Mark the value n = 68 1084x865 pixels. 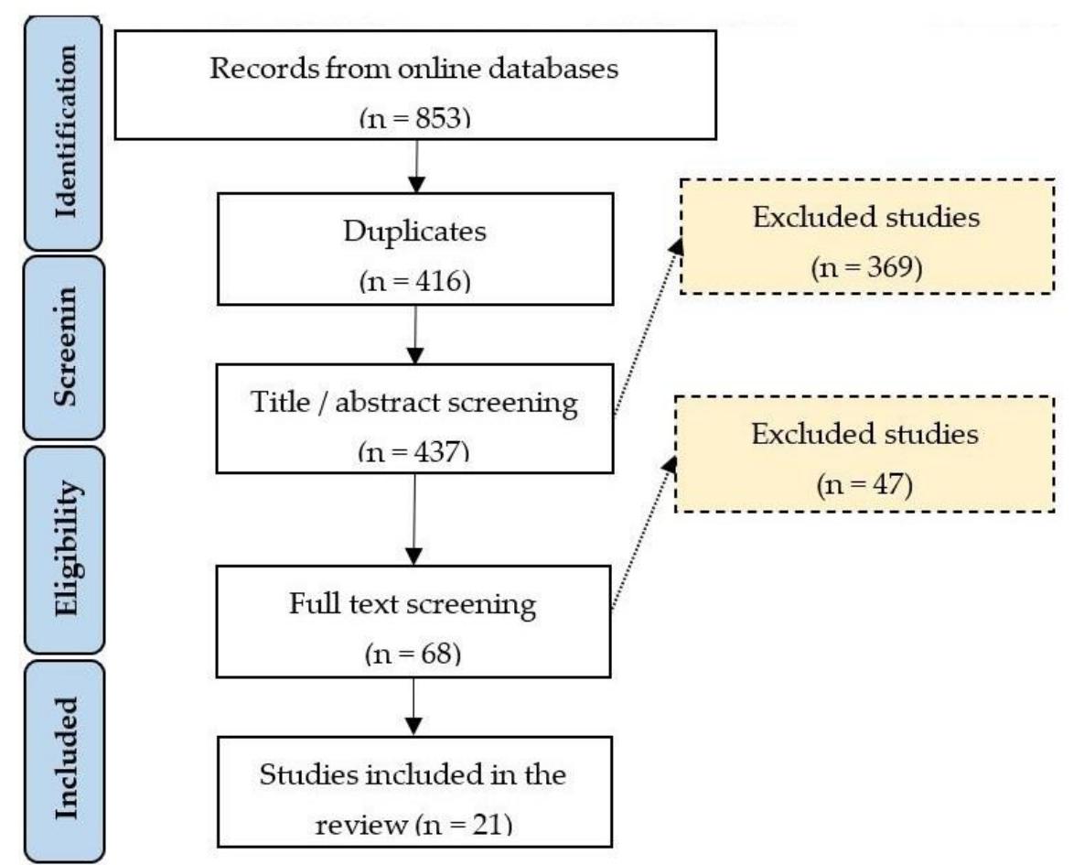pyautogui.click(x=413, y=654)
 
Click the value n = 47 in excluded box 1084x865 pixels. pyautogui.click(x=864, y=483)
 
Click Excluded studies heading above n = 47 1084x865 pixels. pyautogui.click(x=864, y=435)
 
